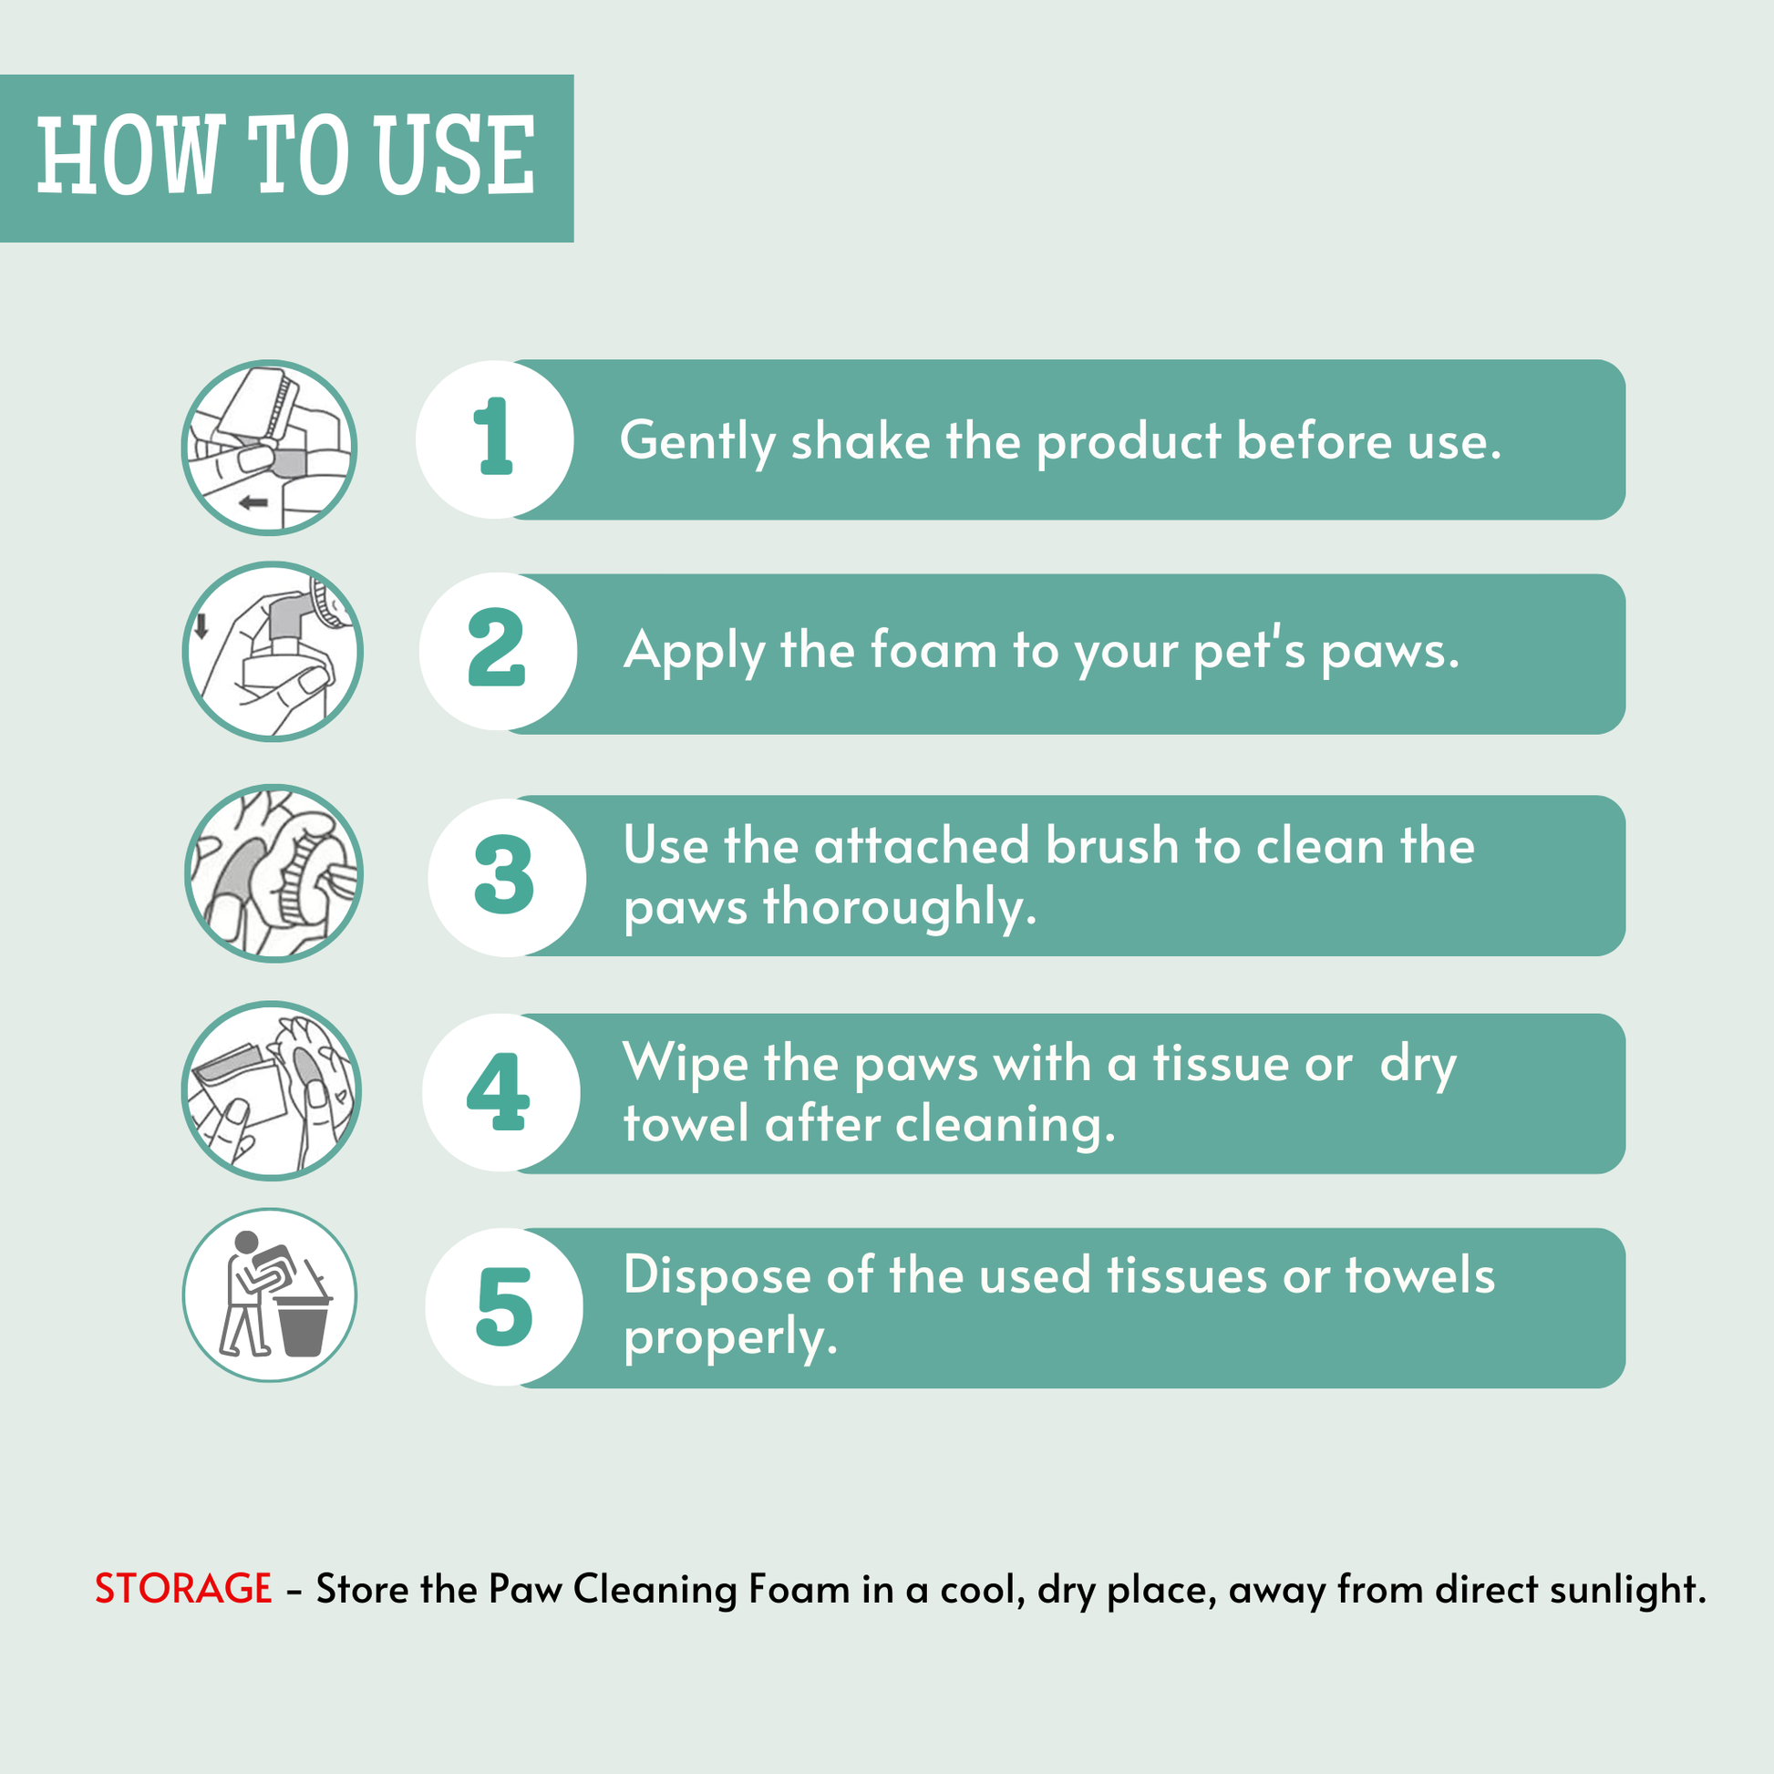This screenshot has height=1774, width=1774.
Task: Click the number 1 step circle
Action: pos(495,438)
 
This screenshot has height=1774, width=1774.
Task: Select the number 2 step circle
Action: pos(499,652)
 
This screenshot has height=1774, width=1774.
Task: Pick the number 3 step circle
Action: pos(507,877)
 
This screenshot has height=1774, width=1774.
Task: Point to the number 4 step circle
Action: pos(501,1093)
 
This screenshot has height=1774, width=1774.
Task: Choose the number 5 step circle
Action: pos(504,1306)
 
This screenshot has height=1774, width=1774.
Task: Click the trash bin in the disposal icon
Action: pos(302,1323)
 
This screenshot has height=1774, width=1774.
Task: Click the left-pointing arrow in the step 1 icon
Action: pos(253,502)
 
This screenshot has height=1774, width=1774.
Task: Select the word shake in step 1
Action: pos(861,440)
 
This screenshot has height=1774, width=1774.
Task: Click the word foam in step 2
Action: pos(933,650)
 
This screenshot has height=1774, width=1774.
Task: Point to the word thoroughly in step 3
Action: pos(900,908)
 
